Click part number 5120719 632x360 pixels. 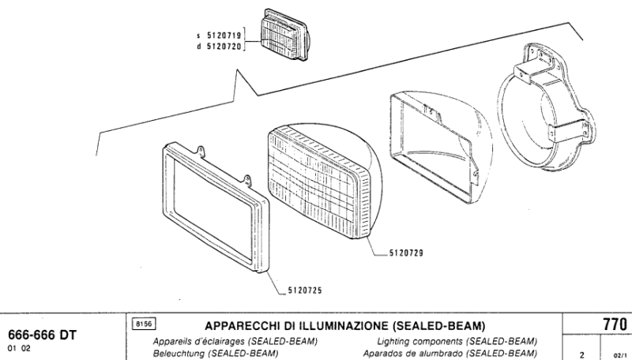tap(224, 36)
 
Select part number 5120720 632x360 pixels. tap(224, 47)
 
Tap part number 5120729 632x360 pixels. tap(406, 253)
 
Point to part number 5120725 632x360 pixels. tap(305, 291)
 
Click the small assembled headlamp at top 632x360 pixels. tap(285, 35)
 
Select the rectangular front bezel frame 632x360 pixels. tap(215, 207)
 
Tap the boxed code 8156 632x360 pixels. tap(144, 324)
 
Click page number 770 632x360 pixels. tap(615, 324)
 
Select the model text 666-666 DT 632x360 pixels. tap(43, 335)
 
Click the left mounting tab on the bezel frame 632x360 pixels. tap(201, 151)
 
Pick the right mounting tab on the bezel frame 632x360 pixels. tap(247, 179)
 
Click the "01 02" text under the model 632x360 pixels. tap(19, 349)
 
